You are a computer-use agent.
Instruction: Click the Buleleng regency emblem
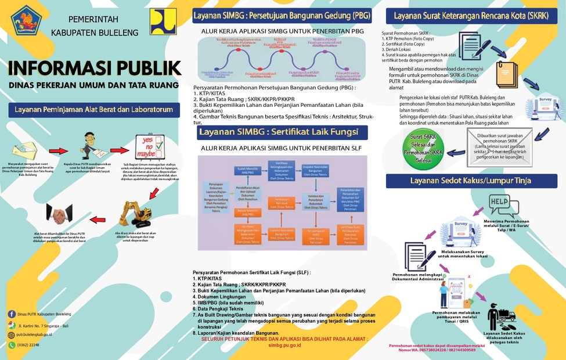tap(26, 23)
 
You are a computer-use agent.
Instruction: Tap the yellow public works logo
tap(163, 22)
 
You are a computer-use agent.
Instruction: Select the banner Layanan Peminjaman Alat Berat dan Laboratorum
tap(93, 109)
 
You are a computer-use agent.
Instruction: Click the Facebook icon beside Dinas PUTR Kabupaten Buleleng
tap(12, 314)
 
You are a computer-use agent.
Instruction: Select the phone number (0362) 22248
tap(29, 345)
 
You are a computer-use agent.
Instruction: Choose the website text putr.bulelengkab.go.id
tap(34, 335)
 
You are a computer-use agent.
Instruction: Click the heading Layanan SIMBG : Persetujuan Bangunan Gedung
tap(282, 15)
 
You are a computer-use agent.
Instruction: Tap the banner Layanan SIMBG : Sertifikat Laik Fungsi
tap(283, 132)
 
